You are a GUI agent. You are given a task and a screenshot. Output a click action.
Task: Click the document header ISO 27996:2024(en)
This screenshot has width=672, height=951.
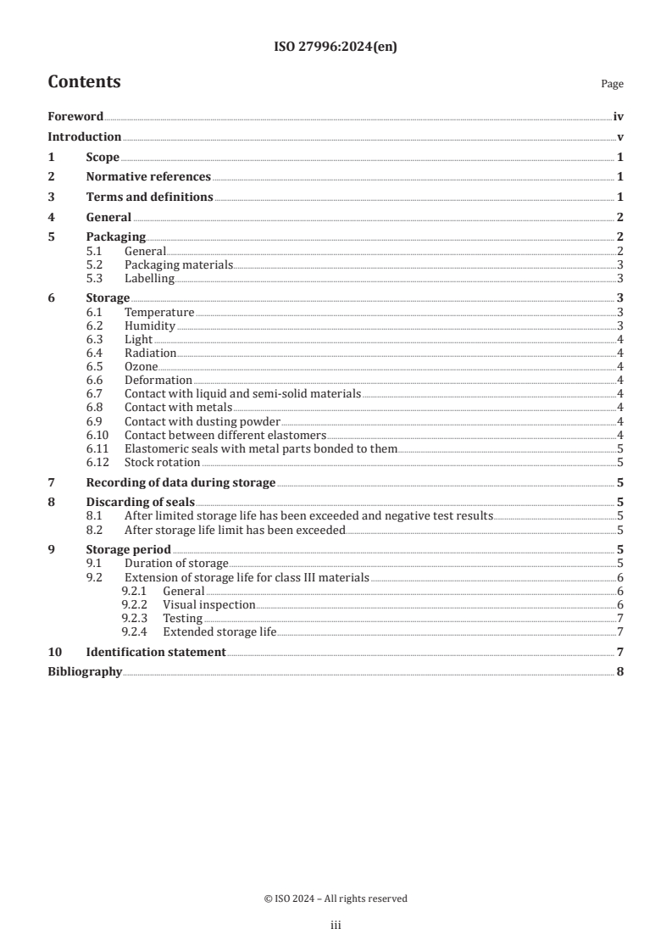[336, 47]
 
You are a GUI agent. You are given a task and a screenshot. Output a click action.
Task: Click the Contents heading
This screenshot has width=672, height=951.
[84, 82]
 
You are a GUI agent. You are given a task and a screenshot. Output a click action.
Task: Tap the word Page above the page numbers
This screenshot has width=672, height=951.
[612, 84]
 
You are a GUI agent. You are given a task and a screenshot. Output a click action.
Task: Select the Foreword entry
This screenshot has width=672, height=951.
[75, 117]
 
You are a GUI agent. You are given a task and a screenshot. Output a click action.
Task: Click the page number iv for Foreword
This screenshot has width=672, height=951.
[619, 117]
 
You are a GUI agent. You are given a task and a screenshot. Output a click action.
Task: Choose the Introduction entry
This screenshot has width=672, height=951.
[84, 137]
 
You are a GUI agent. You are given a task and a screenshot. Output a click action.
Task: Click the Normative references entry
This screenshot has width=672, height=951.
[148, 177]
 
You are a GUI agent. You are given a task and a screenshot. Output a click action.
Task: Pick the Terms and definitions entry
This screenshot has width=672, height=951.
[149, 197]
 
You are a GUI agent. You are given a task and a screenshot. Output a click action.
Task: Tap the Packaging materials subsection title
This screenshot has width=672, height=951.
[178, 265]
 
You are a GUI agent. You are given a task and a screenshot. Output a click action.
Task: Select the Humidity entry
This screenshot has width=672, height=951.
[150, 325]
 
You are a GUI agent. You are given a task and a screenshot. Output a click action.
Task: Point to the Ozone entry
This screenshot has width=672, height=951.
[141, 366]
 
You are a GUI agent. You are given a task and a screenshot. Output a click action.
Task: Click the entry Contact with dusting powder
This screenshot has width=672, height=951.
[202, 421]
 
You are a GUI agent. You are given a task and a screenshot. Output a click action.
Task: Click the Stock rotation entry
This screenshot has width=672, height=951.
[162, 462]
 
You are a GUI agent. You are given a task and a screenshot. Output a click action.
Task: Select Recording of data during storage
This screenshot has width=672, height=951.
[180, 482]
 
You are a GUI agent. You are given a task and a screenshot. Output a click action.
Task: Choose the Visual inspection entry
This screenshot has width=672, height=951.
[208, 604]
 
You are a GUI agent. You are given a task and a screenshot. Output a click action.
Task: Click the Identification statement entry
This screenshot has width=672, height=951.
[156, 652]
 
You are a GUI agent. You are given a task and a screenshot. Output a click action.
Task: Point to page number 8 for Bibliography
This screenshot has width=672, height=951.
[620, 672]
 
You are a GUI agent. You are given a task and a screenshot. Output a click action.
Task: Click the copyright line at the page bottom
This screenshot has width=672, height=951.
[336, 898]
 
